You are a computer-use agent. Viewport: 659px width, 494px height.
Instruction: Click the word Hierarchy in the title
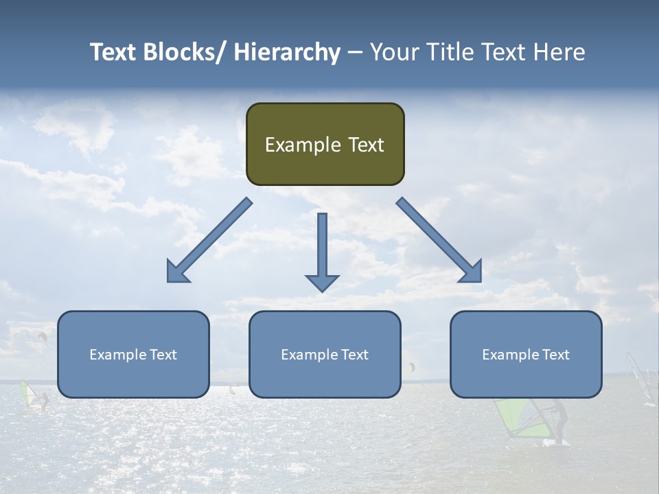[x=287, y=52]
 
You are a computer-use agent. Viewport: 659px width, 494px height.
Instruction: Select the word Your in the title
[x=395, y=52]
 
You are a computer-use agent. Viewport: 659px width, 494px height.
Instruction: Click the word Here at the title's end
[x=558, y=52]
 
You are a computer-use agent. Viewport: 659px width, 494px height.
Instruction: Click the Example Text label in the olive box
[x=325, y=145]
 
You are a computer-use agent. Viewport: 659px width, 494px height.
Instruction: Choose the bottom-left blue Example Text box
[x=133, y=355]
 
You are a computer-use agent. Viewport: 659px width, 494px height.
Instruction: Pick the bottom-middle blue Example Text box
[x=325, y=355]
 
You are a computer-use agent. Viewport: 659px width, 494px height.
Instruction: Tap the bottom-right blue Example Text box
[x=526, y=355]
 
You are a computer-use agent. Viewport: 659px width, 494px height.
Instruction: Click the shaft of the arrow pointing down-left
[x=219, y=231]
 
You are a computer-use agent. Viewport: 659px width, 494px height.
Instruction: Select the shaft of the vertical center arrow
[x=322, y=243]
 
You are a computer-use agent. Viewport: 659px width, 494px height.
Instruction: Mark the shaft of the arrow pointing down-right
[x=430, y=231]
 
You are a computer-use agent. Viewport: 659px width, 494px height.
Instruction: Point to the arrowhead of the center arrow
[x=322, y=282]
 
